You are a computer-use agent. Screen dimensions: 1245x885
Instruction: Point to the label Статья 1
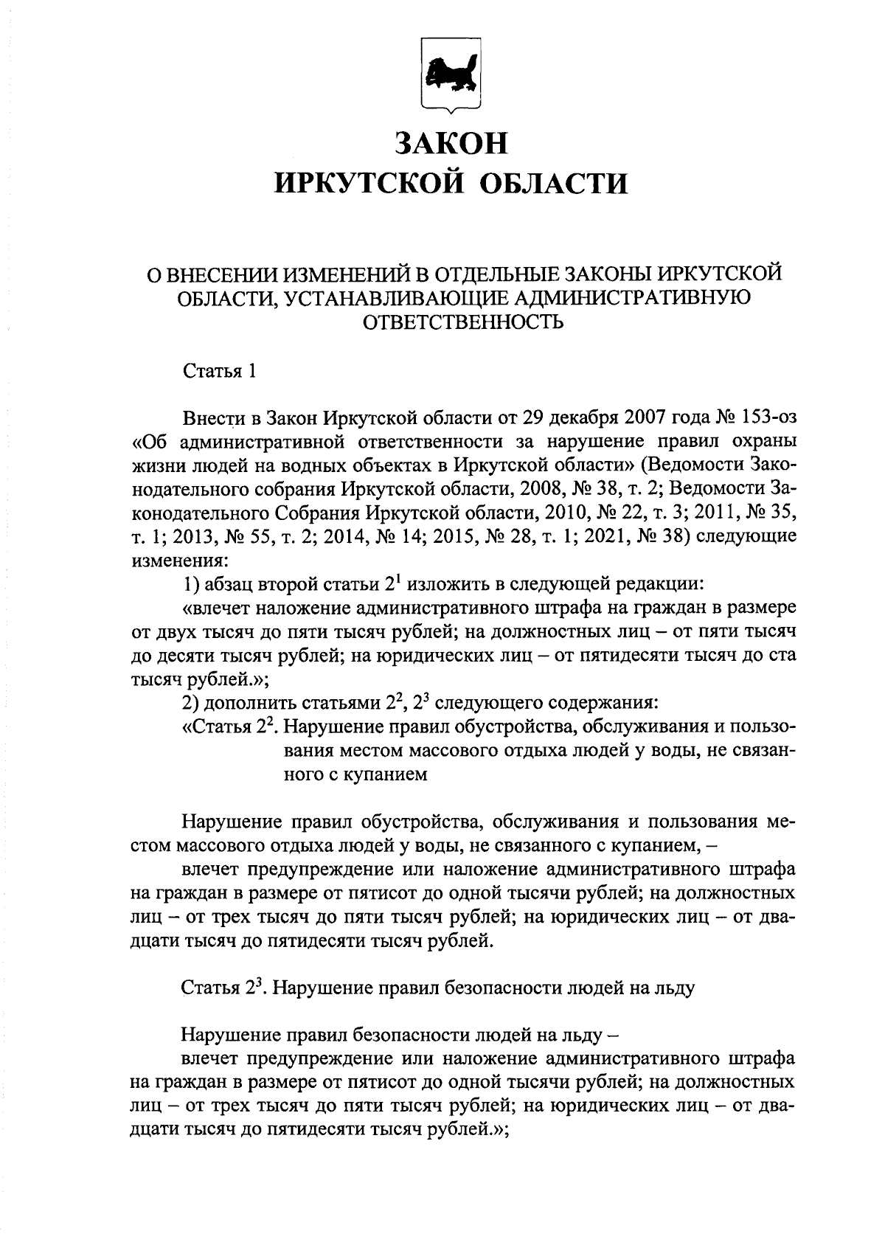pos(219,371)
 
